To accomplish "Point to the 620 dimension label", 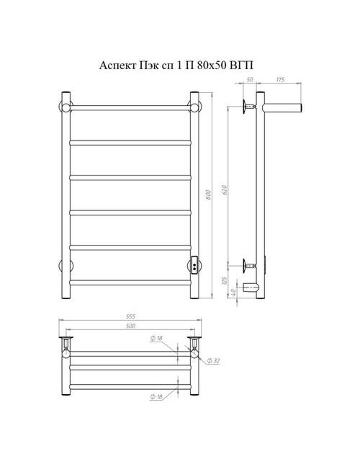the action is point(225,190).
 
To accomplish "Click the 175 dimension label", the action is point(280,80).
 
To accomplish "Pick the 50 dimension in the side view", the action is point(250,80).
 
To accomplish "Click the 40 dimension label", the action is point(233,292).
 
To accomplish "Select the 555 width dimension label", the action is point(130,316).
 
